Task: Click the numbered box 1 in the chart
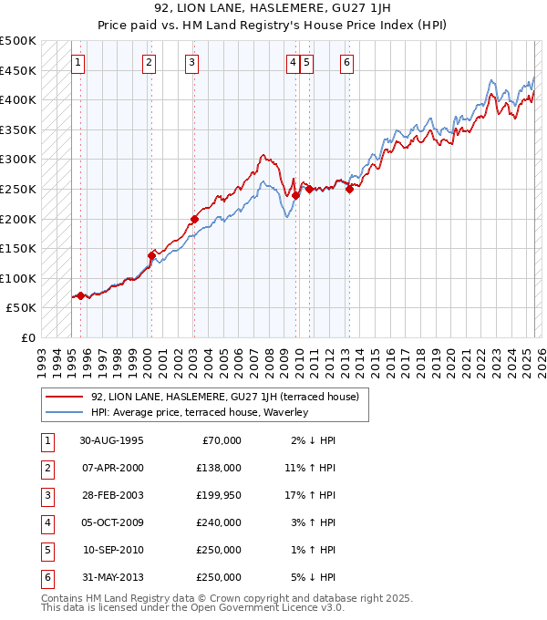79,63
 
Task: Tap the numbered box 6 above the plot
347,63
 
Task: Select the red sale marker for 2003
194,219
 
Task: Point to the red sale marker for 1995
81,295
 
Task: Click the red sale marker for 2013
349,189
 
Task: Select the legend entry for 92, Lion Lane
224,397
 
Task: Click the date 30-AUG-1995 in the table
111,440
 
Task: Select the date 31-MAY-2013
111,577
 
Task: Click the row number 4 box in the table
46,522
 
